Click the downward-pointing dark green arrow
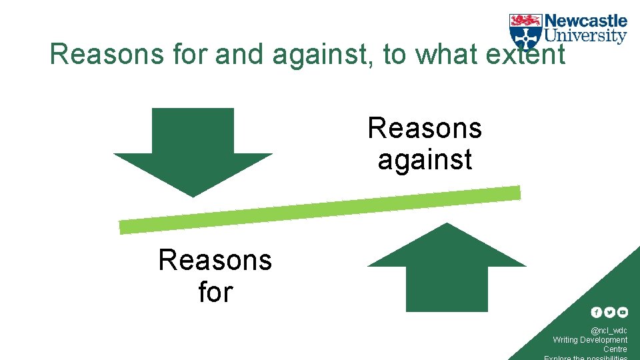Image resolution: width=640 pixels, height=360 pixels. point(193,150)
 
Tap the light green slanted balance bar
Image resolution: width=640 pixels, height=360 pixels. point(320,210)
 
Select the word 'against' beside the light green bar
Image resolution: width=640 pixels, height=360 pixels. point(425,160)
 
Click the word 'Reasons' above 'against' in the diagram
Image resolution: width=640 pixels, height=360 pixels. point(425,128)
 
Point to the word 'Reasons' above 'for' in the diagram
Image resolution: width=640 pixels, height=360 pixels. point(215,259)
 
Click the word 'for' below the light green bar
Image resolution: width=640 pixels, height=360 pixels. point(215,291)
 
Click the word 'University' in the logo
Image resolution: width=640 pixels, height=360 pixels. point(586,36)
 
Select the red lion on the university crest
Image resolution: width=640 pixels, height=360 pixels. point(525,21)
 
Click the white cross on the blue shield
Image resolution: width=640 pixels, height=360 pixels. point(525,37)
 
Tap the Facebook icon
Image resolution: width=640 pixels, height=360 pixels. point(597,312)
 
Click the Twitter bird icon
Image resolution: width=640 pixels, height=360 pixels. point(609,312)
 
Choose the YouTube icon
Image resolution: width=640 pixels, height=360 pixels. point(622,312)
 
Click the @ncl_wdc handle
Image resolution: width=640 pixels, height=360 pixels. point(609,331)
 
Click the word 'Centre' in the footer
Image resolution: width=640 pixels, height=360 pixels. point(615,349)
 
